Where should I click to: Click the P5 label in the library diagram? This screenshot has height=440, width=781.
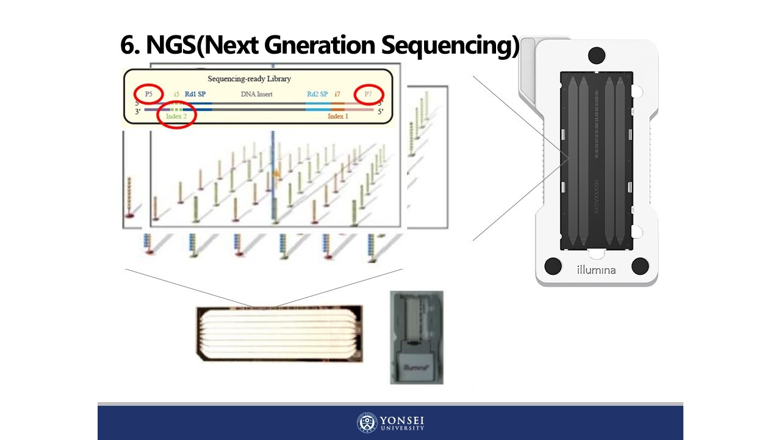[148, 94]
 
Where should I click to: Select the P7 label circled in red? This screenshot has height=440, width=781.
[368, 94]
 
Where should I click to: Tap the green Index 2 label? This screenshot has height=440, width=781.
[176, 116]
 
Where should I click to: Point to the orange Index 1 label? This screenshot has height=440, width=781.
[338, 116]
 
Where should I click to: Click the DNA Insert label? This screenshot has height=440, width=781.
[256, 94]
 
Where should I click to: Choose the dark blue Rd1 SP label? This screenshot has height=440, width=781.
[195, 94]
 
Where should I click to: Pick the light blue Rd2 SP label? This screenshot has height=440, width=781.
[317, 94]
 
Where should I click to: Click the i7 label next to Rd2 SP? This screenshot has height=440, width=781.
[337, 94]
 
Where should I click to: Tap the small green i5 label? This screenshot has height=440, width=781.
[176, 94]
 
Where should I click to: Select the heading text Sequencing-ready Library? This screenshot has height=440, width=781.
[249, 79]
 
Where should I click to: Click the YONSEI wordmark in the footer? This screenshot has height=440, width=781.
[402, 421]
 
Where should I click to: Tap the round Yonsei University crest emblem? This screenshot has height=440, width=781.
[367, 423]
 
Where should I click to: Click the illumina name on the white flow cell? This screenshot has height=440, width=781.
[596, 269]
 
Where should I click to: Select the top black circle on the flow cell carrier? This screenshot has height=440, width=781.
[597, 56]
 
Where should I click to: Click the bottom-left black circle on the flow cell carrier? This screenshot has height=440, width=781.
[553, 266]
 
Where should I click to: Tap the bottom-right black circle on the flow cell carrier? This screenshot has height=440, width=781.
[640, 266]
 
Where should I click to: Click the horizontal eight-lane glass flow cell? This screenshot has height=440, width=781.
[273, 333]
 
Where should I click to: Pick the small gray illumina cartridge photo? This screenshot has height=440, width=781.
[417, 337]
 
